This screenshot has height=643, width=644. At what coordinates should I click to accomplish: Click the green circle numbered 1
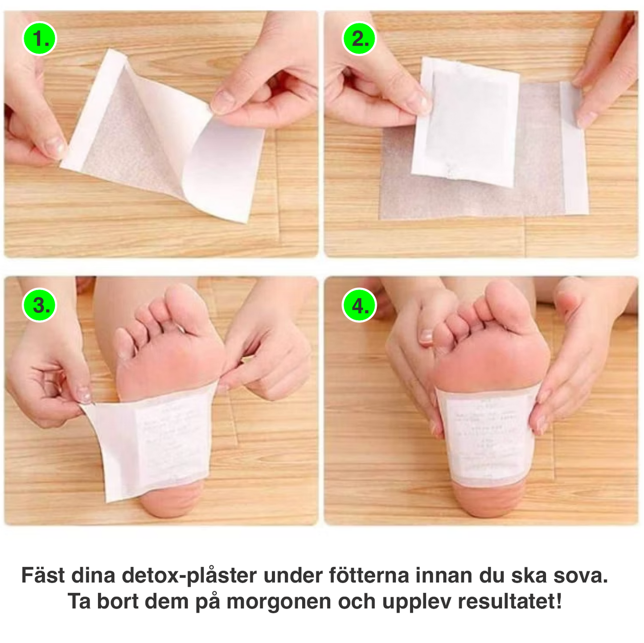[40, 38]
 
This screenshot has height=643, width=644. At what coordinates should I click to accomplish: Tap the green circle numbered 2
[359, 38]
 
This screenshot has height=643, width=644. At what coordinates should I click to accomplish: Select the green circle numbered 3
[40, 306]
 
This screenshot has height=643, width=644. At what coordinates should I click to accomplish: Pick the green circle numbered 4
[359, 306]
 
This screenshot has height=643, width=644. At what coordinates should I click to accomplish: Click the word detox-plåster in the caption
[189, 576]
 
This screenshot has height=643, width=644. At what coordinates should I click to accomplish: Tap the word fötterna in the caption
[369, 576]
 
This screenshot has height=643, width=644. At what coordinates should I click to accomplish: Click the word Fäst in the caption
[43, 576]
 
